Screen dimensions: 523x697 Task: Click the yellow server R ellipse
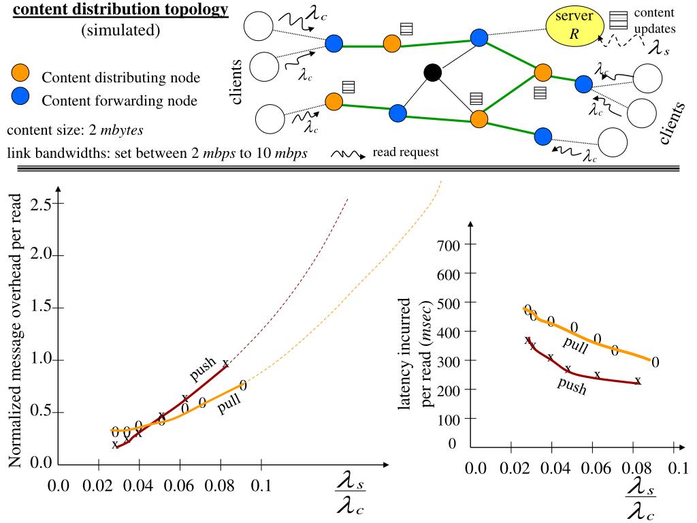(x=573, y=26)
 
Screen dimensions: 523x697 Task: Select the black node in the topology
(x=432, y=72)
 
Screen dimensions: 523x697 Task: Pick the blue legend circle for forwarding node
(x=20, y=99)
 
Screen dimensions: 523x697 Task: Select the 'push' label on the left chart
(x=203, y=368)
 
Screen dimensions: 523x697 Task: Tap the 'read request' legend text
(x=406, y=152)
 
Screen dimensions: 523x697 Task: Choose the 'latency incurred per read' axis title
(x=417, y=352)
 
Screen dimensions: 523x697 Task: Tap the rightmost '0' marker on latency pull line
(x=655, y=362)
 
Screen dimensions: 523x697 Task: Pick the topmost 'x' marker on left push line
(x=225, y=364)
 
